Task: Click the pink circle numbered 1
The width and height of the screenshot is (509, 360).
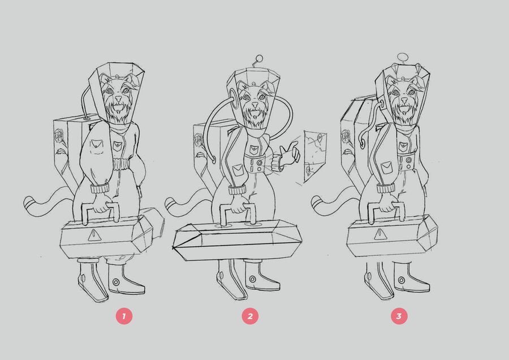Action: click(124, 316)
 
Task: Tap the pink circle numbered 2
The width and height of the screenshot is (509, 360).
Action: click(250, 316)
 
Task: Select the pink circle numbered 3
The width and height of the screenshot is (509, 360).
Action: click(399, 316)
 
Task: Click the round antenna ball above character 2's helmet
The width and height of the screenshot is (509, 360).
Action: click(260, 58)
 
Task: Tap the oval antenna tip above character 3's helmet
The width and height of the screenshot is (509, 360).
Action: click(403, 57)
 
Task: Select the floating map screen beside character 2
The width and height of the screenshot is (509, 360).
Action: click(315, 156)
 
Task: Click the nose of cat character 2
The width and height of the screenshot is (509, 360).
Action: click(256, 105)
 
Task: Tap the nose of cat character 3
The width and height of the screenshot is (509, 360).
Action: click(404, 100)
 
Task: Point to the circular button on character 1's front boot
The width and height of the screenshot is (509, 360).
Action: click(115, 282)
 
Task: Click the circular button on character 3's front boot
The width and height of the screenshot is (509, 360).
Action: click(402, 280)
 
